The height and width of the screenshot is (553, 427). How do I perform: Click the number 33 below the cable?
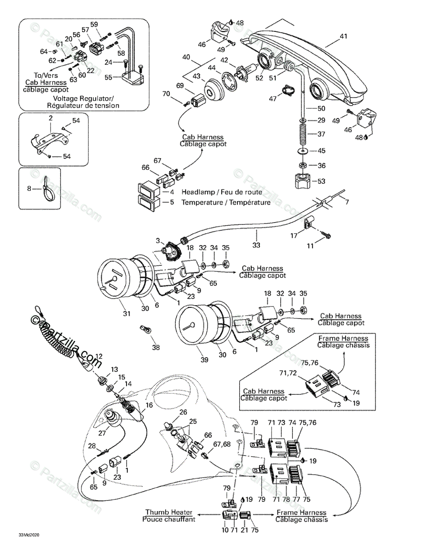(x=256, y=245)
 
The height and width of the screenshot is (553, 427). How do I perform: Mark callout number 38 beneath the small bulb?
(x=156, y=347)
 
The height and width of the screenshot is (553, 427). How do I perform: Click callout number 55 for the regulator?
(x=108, y=78)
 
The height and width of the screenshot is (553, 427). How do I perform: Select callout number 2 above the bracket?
(x=51, y=118)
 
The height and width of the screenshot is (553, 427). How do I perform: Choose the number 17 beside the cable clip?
(x=293, y=236)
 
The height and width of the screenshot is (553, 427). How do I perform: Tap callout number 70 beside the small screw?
(x=166, y=94)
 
